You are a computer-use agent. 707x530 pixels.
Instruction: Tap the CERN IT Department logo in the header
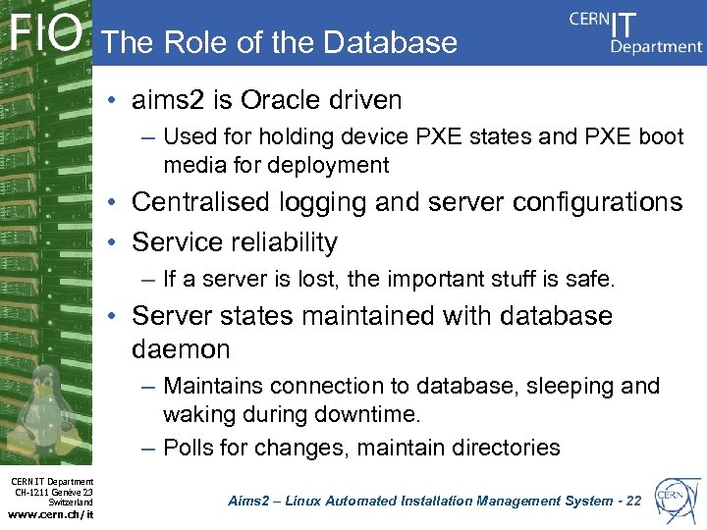pos(635,32)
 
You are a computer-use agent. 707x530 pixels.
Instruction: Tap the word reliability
pos(284,241)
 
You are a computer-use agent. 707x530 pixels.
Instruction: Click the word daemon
pos(181,349)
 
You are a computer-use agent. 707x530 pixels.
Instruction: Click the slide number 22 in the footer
pos(632,502)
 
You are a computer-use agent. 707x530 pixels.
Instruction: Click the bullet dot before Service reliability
pos(116,242)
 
